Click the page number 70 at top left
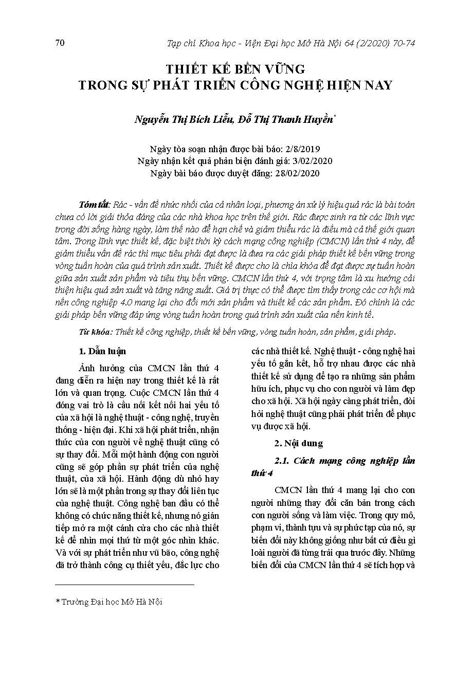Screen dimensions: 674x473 59,43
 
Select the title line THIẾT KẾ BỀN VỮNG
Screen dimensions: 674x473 235,69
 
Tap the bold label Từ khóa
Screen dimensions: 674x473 95,333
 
